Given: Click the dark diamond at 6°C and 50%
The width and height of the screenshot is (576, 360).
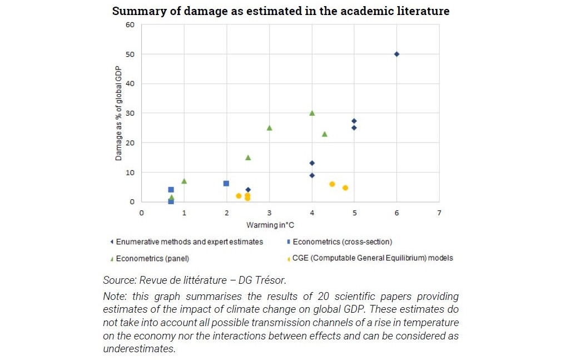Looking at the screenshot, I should click(x=396, y=54).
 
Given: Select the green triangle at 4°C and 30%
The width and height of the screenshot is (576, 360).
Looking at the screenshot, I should click(x=312, y=113).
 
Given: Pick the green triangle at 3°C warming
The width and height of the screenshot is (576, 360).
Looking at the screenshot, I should click(x=269, y=127).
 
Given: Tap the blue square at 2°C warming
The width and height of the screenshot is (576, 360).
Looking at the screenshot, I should click(x=226, y=183).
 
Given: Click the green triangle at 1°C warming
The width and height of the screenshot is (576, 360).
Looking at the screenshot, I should click(x=184, y=181).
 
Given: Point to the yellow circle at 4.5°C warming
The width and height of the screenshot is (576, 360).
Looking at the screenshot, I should click(x=332, y=184).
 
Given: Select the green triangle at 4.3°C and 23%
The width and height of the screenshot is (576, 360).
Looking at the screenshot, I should click(x=325, y=134).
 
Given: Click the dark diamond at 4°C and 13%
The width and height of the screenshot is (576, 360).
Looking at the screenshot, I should click(x=312, y=163).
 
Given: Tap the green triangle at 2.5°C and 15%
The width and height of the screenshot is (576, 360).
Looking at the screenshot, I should click(x=248, y=157).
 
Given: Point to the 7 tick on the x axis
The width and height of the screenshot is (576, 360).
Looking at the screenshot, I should click(x=439, y=213).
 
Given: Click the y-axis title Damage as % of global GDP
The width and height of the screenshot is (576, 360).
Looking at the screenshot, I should click(x=118, y=113).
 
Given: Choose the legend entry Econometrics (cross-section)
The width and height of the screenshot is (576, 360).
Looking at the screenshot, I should click(x=341, y=241).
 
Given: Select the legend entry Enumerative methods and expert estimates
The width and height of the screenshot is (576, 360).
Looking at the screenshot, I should click(x=189, y=241).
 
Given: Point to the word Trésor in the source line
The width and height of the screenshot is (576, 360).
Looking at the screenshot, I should click(x=271, y=280).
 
